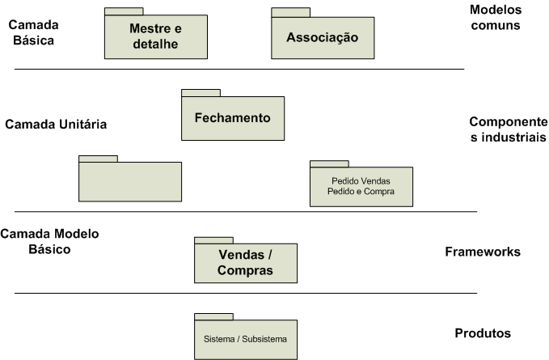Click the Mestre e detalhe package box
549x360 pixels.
click(155, 36)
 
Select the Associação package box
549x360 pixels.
click(322, 38)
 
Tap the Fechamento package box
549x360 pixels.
click(233, 118)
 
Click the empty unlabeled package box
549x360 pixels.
click(130, 182)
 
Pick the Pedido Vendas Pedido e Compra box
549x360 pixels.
click(361, 186)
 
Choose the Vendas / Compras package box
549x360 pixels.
click(245, 262)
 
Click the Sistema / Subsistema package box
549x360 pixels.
click(245, 339)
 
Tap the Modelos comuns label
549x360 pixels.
click(495, 17)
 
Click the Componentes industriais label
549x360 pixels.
click(508, 129)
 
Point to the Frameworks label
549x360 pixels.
click(483, 252)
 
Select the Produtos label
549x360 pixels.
click(484, 332)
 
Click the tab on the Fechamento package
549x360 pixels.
click(201, 93)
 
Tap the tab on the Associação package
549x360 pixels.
click(290, 12)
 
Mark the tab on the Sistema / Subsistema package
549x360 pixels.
click(213, 316)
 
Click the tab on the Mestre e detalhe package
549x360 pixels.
click(124, 12)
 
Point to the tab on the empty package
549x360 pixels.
click(98, 159)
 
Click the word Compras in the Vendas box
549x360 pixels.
click(245, 271)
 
